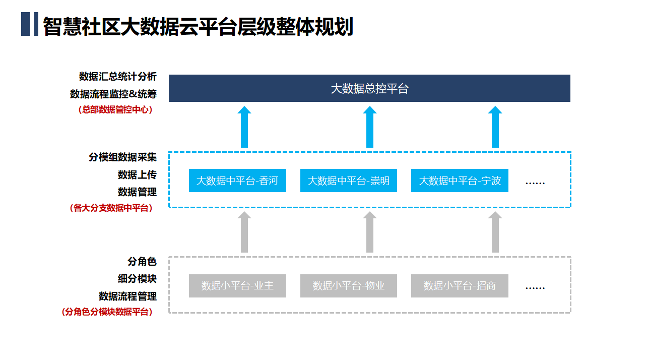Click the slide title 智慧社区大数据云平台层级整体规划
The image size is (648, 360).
tap(198, 26)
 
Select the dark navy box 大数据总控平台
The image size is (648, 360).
tap(369, 88)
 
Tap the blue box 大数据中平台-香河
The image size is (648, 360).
tap(237, 181)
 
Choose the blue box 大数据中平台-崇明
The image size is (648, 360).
tap(349, 181)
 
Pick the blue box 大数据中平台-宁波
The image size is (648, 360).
tap(460, 181)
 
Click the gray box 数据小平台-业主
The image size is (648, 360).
tap(237, 286)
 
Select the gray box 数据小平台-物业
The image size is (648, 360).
tap(349, 286)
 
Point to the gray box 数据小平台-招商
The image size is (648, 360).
tap(460, 286)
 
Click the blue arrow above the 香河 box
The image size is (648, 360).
tap(244, 127)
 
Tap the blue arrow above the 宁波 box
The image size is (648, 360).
tap(495, 127)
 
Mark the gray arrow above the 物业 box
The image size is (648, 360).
tap(370, 232)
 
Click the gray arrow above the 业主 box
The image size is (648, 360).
tap(244, 232)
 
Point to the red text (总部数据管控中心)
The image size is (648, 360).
tap(115, 110)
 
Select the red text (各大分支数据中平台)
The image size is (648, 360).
tap(111, 208)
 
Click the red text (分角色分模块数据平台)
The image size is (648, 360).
tap(107, 312)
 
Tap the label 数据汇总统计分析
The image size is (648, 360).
tap(118, 77)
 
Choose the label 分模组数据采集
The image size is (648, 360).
tap(122, 157)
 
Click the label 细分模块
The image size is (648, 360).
tap(137, 279)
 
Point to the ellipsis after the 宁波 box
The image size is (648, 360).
tap(535, 183)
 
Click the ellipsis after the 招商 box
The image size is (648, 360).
tap(535, 288)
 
